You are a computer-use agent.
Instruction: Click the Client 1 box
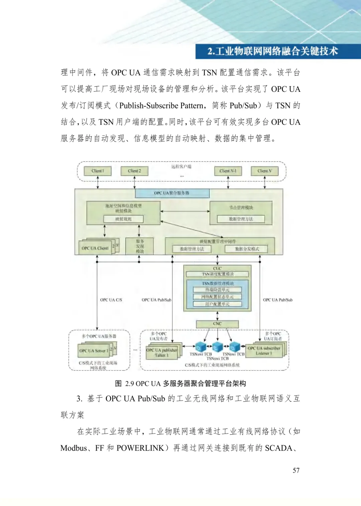(x=98, y=171)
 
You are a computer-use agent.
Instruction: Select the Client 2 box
(x=134, y=171)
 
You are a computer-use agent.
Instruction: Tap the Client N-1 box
(x=228, y=171)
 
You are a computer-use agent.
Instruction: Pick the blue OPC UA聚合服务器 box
(x=172, y=193)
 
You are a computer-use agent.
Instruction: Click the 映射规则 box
(x=123, y=219)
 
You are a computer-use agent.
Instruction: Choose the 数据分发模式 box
(x=247, y=249)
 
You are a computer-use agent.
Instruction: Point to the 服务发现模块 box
(x=140, y=246)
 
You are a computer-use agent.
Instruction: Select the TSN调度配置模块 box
(x=218, y=274)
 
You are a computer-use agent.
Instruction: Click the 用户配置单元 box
(x=217, y=304)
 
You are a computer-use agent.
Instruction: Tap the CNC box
(x=217, y=324)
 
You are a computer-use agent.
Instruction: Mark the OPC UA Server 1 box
(x=94, y=351)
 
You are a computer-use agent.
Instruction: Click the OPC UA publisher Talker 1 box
(x=162, y=353)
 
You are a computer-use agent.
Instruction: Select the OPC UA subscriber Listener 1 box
(x=264, y=351)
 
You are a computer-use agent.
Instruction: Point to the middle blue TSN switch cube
(x=218, y=346)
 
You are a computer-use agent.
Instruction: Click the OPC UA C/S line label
(x=111, y=300)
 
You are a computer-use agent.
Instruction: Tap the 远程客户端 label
(x=181, y=167)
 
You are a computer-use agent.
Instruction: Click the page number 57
(x=296, y=470)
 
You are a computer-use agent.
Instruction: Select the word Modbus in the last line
(x=74, y=448)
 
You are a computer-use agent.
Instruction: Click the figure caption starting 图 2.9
(x=180, y=384)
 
